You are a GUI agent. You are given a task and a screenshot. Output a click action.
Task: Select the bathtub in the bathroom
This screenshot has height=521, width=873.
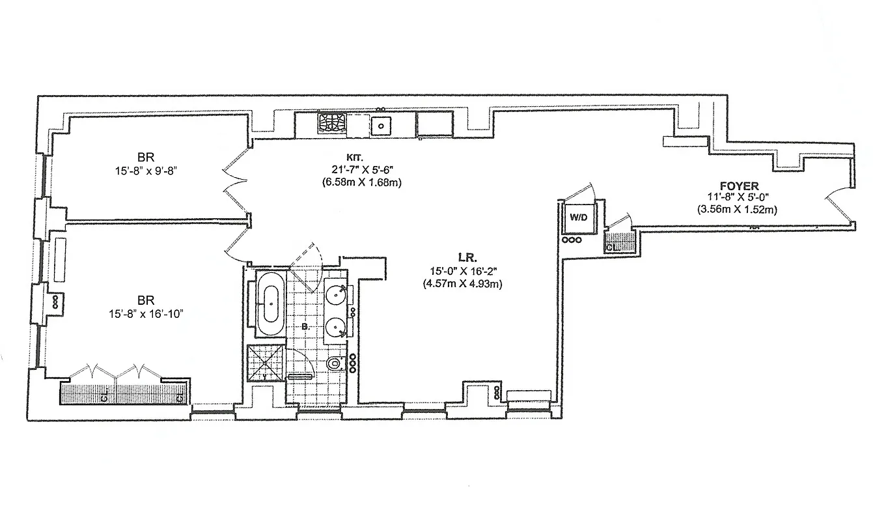(268, 304)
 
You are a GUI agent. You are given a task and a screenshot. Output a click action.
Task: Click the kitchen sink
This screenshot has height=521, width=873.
(380, 125)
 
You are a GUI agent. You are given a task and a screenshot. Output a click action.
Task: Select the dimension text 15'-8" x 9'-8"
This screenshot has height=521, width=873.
(145, 173)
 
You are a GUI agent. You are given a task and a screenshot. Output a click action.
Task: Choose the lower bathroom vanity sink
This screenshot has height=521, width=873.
(337, 325)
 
